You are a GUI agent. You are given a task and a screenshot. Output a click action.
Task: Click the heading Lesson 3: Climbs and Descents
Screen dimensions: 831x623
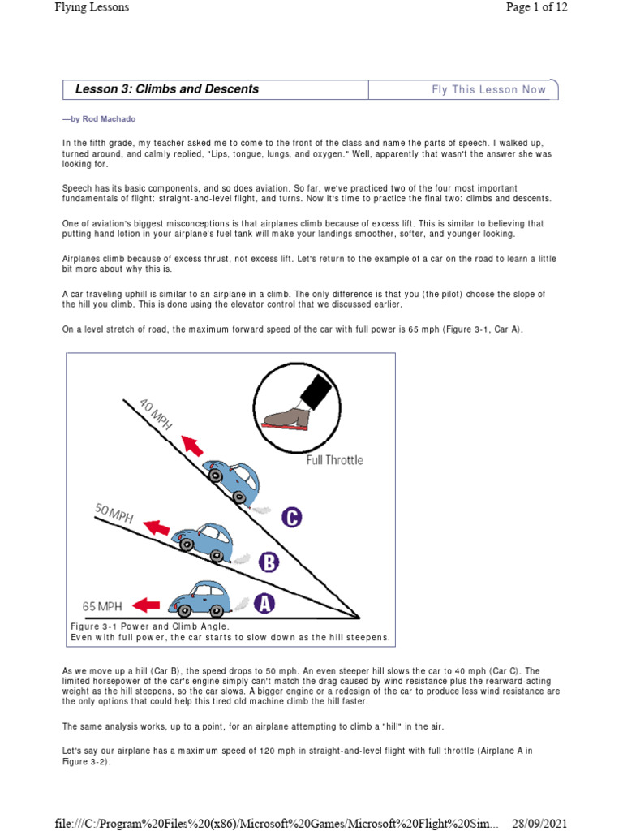point(166,89)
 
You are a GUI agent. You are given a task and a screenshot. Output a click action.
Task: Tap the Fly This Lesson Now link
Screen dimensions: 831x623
point(488,90)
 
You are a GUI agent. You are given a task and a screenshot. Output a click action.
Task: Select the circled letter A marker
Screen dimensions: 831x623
point(264,603)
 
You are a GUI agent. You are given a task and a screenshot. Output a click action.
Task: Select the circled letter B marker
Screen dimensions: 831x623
point(269,561)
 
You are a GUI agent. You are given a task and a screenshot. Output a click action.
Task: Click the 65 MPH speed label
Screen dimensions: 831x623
point(102,605)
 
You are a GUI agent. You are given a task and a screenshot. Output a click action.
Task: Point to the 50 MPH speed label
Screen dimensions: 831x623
point(114,514)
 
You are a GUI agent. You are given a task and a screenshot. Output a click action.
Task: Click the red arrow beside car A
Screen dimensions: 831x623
point(146,605)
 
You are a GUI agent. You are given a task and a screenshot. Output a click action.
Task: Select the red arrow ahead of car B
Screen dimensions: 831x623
point(157,528)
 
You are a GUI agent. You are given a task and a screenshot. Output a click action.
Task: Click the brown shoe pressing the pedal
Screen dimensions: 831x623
point(288,417)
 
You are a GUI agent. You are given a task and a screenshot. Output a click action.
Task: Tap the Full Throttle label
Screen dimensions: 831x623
point(334,460)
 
